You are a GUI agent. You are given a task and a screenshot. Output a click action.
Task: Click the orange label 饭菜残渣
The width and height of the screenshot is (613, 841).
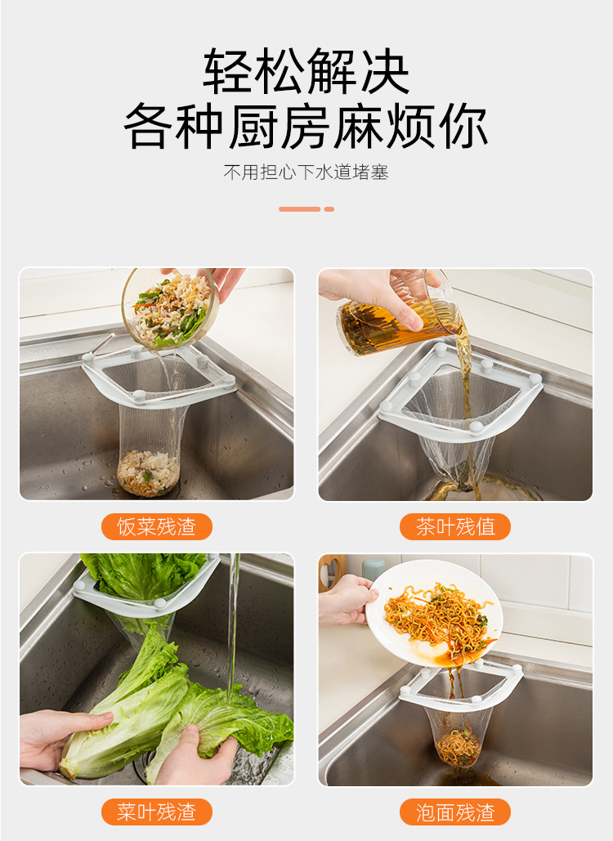156,527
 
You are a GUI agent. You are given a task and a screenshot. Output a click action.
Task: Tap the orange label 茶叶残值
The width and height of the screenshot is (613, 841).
455,527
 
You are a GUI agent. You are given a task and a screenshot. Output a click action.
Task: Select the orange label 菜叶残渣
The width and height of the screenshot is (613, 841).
156,812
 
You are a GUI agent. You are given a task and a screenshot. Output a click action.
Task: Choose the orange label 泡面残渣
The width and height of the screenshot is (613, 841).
455,812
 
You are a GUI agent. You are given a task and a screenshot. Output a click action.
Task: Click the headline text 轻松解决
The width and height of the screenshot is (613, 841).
306,72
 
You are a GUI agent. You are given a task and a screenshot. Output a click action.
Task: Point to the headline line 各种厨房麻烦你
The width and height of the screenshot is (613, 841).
306,127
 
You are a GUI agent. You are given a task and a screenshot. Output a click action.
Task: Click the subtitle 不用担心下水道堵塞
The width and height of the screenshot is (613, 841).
306,173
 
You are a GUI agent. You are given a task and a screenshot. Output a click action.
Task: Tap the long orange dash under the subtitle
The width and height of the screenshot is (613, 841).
299,209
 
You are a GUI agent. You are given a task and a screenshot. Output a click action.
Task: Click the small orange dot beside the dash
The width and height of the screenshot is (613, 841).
329,209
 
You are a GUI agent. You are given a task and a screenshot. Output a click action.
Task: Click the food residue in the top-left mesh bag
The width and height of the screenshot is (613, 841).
148,472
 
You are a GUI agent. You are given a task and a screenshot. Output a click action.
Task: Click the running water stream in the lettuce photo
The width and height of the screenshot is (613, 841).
234,621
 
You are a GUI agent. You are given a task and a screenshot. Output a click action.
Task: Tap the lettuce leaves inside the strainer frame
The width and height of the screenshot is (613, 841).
143,576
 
